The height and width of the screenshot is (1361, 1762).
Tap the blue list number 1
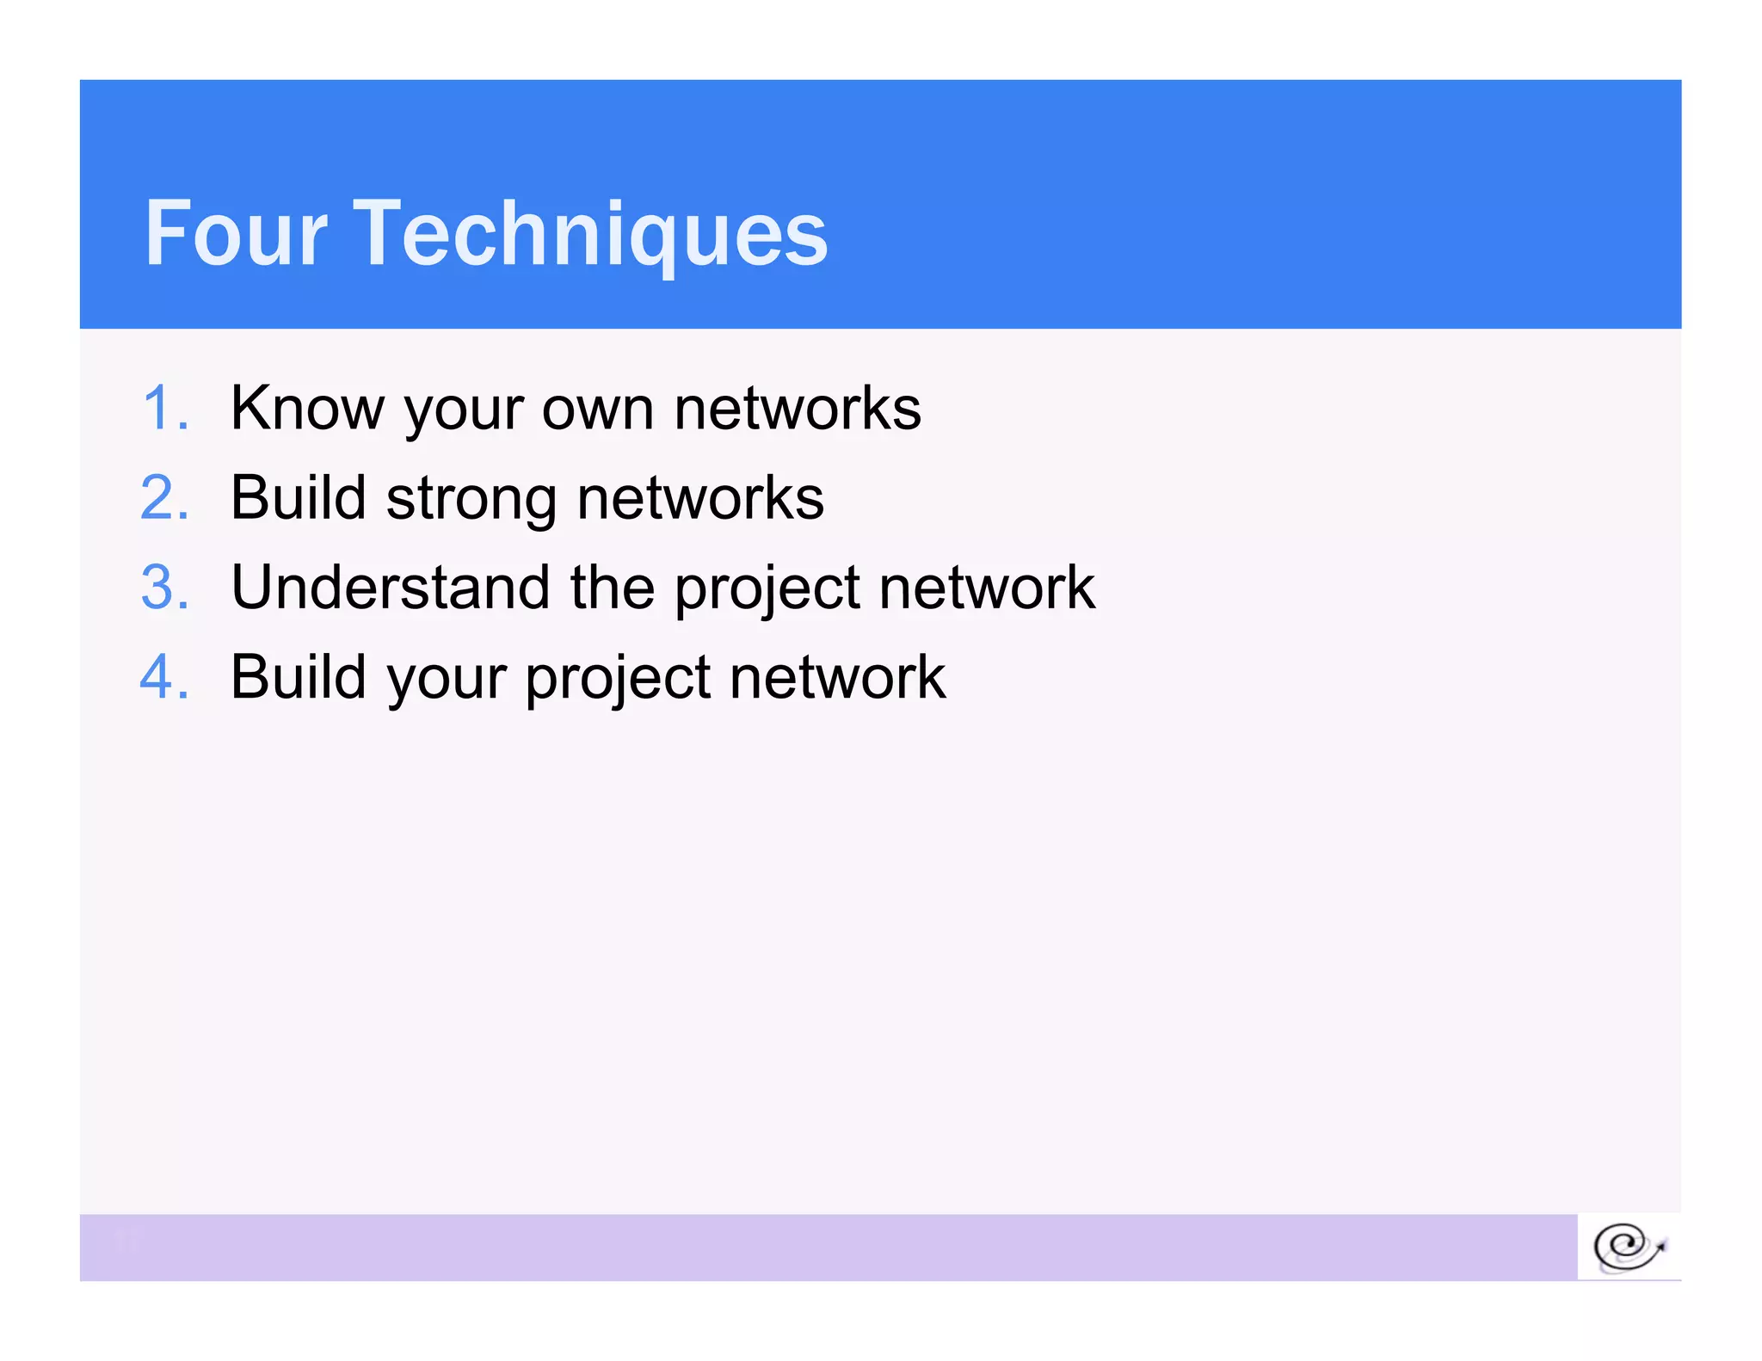[163, 408]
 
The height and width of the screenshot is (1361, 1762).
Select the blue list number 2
[163, 498]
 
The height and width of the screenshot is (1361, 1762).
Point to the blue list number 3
[163, 588]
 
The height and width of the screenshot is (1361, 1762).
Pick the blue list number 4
[163, 677]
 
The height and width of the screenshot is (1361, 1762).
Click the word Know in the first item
[307, 408]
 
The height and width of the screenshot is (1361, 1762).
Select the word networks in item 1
[798, 408]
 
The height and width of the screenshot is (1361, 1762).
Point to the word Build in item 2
[299, 498]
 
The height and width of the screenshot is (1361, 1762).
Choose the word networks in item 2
[700, 498]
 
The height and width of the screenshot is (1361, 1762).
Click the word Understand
[390, 588]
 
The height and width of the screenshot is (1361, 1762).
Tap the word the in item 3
[612, 588]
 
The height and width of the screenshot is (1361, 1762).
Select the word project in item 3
[767, 589]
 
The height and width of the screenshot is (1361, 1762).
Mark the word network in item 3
[987, 588]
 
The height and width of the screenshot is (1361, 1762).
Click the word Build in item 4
[299, 677]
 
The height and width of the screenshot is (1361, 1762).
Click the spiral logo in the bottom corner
[1629, 1247]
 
